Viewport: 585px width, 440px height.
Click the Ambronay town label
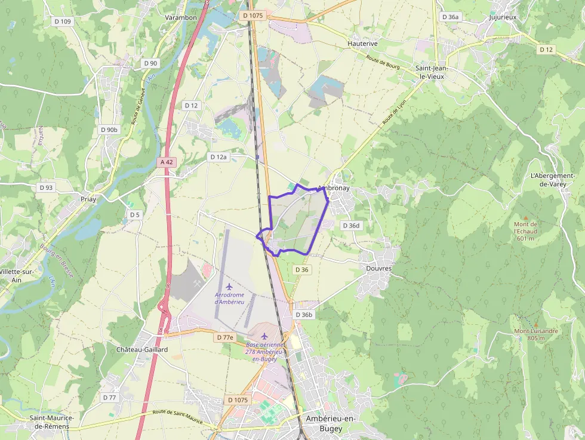(334, 188)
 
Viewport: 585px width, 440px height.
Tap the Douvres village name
(378, 269)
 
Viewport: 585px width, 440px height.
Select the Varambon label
(181, 17)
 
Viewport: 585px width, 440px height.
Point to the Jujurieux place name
(502, 17)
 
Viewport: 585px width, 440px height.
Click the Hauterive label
(363, 44)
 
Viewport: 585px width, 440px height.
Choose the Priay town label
(88, 199)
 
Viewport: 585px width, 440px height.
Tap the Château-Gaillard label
(142, 349)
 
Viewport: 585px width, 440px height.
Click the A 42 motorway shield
(167, 162)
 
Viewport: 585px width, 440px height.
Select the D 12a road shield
(218, 157)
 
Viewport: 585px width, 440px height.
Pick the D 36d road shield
(351, 226)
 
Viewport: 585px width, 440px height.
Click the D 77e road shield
(225, 337)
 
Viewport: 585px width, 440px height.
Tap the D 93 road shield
(47, 187)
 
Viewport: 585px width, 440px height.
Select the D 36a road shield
(451, 17)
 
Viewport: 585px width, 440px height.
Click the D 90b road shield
(109, 130)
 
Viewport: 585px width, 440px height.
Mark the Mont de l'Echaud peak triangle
(525, 218)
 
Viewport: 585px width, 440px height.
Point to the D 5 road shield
(134, 214)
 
